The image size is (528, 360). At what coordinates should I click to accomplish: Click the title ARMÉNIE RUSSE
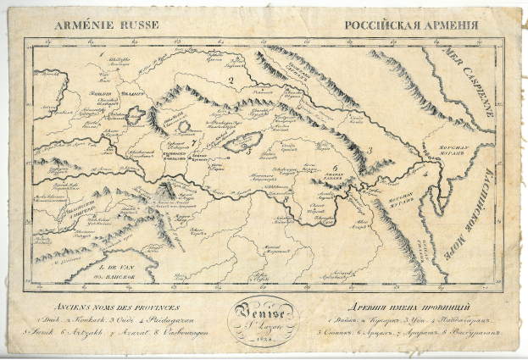coord(96,25)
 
